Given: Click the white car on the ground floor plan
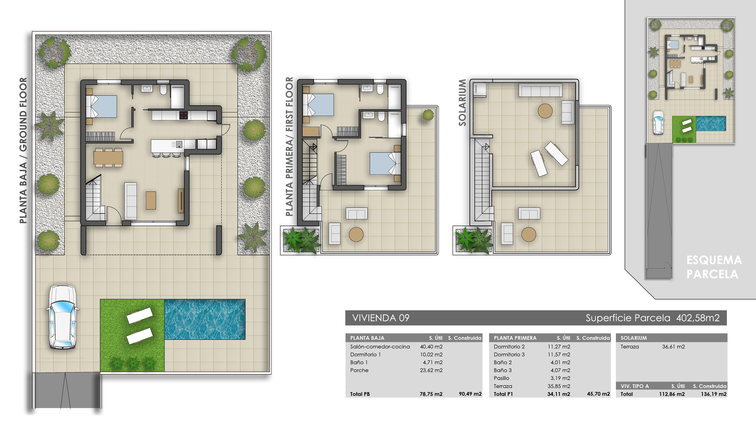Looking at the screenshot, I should (62, 317).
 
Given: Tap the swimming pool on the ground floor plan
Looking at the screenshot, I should (205, 319).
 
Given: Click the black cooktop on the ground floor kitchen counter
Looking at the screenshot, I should (183, 115).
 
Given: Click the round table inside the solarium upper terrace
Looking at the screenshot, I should (545, 111).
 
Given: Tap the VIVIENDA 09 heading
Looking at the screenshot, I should (381, 318).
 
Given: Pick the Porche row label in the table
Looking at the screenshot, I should (359, 370).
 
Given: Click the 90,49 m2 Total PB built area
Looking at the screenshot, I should (470, 394).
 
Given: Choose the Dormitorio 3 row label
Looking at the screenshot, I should (509, 355).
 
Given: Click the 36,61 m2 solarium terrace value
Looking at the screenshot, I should (673, 347).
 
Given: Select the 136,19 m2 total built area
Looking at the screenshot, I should (713, 394).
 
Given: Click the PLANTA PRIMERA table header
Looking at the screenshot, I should (515, 338).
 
